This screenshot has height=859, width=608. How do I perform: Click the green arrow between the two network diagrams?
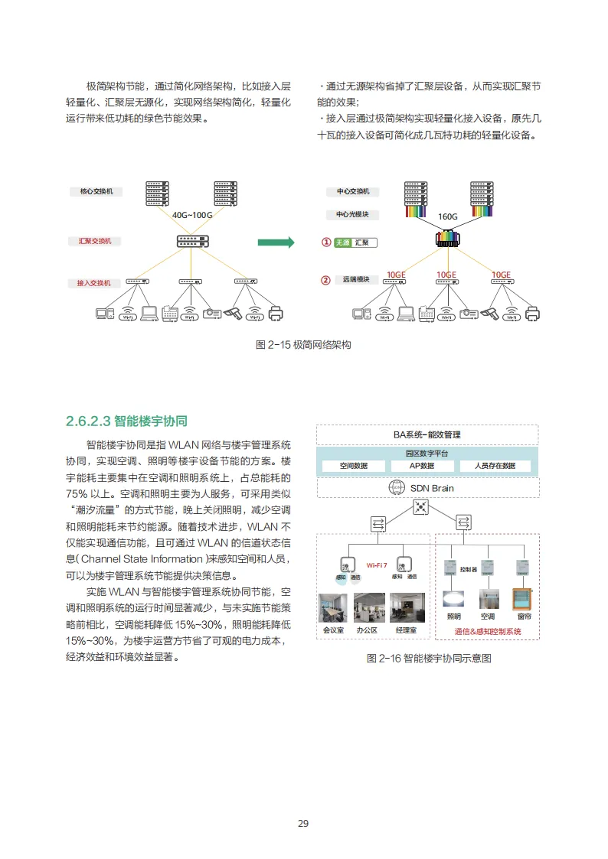click(x=276, y=242)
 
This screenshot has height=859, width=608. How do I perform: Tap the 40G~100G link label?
click(x=192, y=215)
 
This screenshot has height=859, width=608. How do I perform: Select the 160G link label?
click(x=447, y=216)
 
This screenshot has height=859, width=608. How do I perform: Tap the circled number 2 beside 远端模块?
click(x=325, y=280)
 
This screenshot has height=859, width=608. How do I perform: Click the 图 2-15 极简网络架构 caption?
click(x=303, y=345)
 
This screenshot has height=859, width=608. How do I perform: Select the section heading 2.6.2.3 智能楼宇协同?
click(x=126, y=421)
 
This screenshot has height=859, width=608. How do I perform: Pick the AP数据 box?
click(x=422, y=466)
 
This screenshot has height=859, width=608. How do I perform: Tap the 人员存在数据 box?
click(x=495, y=466)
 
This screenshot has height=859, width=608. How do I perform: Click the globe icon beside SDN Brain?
click(x=396, y=488)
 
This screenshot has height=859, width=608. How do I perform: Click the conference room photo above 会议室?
click(x=333, y=607)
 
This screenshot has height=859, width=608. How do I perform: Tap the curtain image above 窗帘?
click(x=524, y=599)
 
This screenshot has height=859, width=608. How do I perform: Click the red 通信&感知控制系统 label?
click(x=487, y=632)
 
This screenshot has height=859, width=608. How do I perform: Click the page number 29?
click(x=303, y=823)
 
